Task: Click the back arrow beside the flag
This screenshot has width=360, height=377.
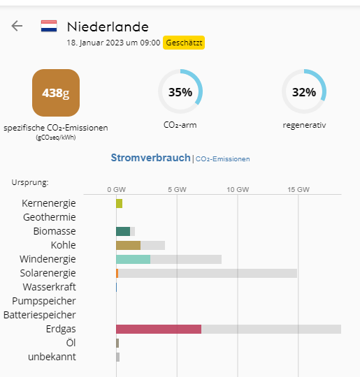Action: coord(17,26)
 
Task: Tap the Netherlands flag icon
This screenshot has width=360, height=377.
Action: coord(49,26)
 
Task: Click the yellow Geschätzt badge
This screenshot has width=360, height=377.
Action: coord(184,43)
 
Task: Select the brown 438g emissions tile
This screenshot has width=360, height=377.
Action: coord(56,93)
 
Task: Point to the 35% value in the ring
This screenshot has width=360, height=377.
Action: coord(180,92)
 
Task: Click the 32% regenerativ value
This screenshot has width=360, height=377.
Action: coord(304,92)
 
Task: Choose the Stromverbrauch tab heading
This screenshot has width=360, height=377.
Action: coord(150,158)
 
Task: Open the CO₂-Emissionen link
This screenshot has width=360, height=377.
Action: coord(222,159)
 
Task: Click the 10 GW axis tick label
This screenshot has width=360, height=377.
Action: coord(238,189)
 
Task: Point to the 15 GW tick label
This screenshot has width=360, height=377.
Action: coord(298,189)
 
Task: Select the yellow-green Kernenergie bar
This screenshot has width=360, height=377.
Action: coord(120,203)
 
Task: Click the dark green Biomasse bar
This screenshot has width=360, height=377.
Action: coord(123,231)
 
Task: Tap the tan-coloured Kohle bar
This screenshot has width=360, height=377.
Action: coord(129,245)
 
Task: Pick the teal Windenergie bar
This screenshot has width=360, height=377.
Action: coord(133,259)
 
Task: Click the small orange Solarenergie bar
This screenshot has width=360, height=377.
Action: coord(117,274)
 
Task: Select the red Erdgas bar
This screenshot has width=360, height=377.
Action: coord(159,329)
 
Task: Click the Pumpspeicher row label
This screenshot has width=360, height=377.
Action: coord(44,301)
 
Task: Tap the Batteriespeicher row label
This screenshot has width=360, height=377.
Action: coord(40,315)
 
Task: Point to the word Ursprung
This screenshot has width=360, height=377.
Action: coord(30,182)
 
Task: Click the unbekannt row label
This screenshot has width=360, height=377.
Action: coord(52,357)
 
